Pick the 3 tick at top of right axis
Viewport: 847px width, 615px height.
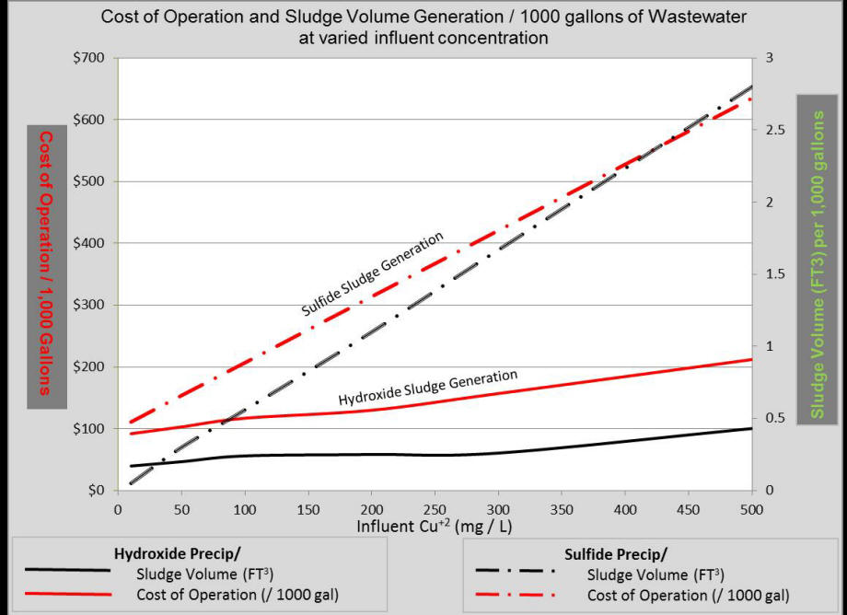pos(766,58)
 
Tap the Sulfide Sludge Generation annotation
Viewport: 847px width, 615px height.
pos(374,274)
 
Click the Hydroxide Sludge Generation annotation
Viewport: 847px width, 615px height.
pos(428,388)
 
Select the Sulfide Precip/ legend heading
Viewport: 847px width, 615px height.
pos(614,553)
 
